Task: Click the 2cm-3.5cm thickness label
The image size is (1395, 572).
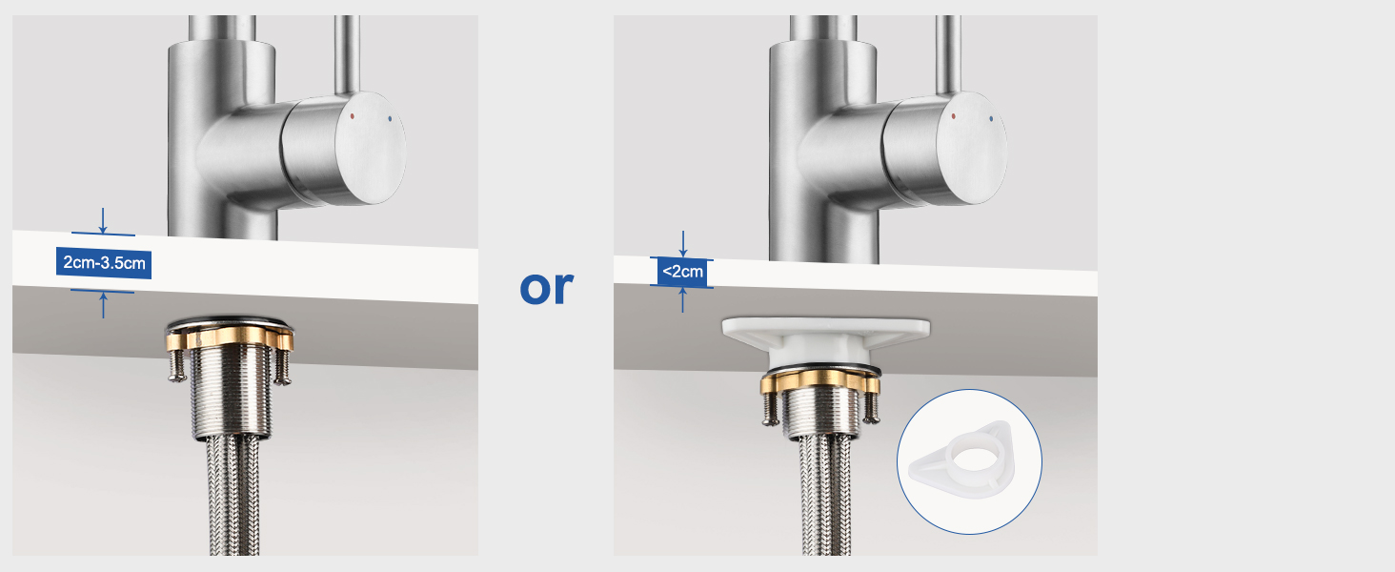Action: (103, 263)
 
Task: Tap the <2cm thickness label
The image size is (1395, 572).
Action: (682, 272)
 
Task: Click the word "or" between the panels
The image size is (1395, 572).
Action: (546, 288)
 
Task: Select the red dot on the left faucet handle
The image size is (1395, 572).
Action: (353, 116)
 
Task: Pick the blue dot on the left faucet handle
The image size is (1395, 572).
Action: (390, 118)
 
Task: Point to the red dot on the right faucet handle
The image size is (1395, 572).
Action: (954, 116)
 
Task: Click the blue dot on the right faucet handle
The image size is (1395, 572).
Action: (991, 118)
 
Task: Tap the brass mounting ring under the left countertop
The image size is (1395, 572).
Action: (230, 337)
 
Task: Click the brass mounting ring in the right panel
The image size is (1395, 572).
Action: (820, 380)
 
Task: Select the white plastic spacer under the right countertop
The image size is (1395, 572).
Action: (826, 341)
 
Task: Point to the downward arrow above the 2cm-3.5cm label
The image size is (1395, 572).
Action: (103, 220)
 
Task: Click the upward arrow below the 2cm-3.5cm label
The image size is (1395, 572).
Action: (103, 305)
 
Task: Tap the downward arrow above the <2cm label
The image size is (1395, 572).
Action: (683, 244)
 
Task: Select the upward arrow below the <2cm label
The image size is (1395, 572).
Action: (683, 299)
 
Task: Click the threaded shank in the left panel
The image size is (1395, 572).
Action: (231, 393)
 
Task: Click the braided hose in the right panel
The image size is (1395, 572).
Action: (824, 496)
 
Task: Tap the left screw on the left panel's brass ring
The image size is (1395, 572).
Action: (176, 365)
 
